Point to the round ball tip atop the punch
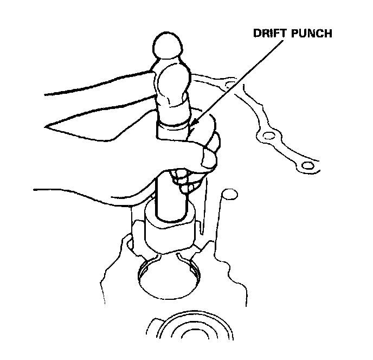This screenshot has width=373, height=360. point(169,46)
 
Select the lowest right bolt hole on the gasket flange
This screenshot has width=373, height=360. point(307,165)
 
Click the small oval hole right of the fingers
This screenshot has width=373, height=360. point(230,194)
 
